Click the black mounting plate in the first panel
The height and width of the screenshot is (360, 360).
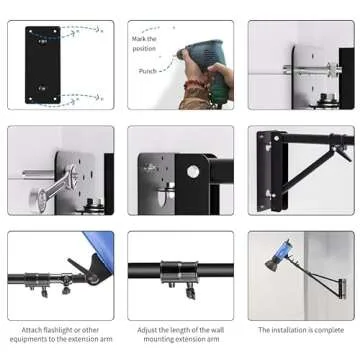(42, 65)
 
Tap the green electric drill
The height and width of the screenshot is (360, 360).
(206, 56)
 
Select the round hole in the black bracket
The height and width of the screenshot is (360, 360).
(192, 172)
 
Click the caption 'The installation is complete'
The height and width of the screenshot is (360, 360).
(300, 329)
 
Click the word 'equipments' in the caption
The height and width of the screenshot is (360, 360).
(38, 339)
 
